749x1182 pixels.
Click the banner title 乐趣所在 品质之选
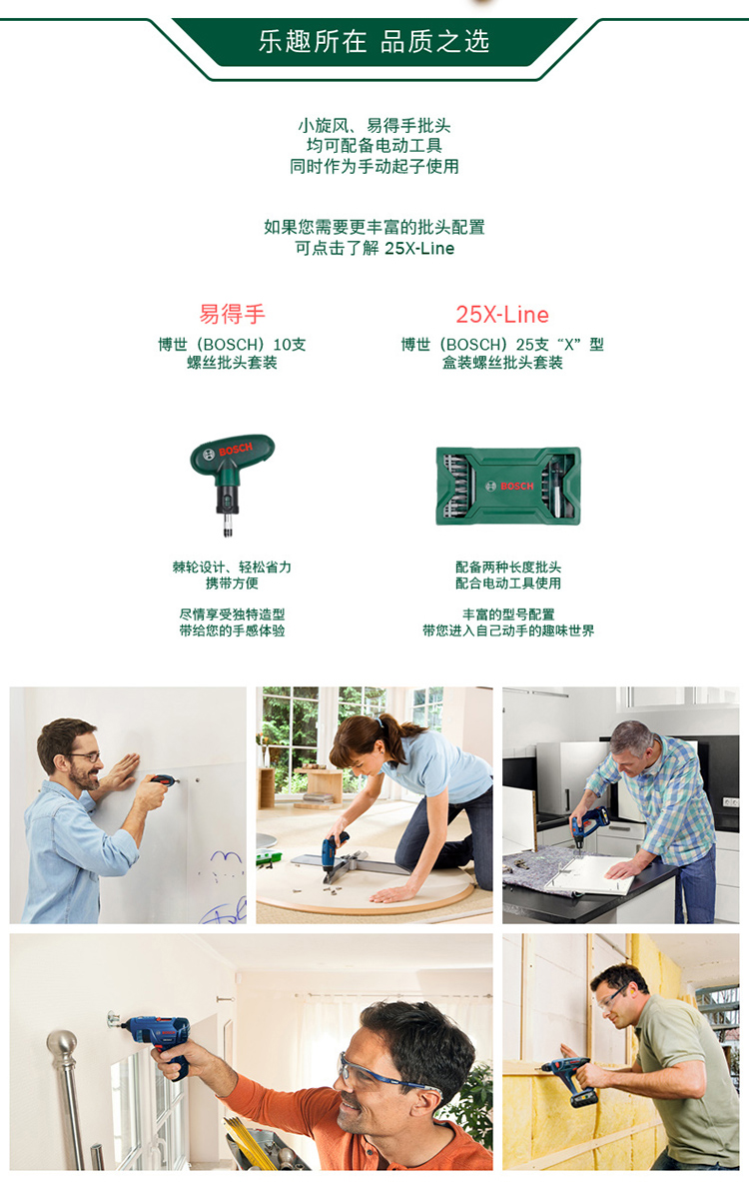374,41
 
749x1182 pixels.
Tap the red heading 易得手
232,315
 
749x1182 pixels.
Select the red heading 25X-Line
502,315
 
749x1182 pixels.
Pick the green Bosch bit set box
508,487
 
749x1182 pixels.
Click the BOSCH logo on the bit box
510,487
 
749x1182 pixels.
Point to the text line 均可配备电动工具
374,146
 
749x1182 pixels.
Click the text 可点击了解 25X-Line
374,248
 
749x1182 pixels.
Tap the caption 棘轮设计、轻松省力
232,567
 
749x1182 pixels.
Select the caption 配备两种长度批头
508,567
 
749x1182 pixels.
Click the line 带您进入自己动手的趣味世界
508,630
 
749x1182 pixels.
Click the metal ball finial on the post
63,1045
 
